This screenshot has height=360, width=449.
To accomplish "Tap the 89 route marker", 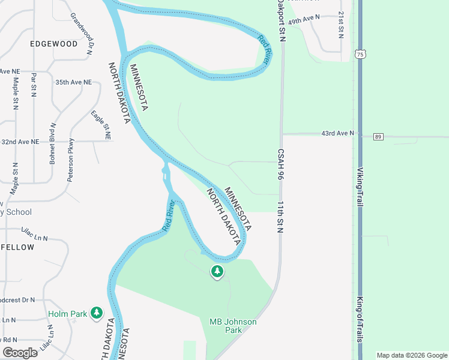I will click(x=378, y=137).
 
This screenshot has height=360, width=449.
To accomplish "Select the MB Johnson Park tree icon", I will click(x=217, y=272).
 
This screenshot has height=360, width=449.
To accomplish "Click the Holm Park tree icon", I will click(x=96, y=313).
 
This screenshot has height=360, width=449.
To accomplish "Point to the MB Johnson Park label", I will click(x=233, y=326).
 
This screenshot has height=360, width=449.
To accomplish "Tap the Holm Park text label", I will click(x=67, y=313).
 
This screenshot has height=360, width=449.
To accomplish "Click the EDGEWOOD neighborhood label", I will click(x=55, y=44).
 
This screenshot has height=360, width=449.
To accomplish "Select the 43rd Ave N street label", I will click(x=338, y=133).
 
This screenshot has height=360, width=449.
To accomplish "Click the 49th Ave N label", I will click(x=304, y=20).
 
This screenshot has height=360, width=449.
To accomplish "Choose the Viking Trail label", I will click(x=360, y=187).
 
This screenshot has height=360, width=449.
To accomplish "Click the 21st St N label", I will click(x=340, y=24).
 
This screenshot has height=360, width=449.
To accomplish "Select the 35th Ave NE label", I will click(x=73, y=82).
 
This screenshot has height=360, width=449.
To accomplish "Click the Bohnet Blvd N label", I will click(x=53, y=143).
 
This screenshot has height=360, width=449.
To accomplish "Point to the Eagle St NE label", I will click(x=101, y=125).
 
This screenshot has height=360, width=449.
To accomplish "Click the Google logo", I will click(x=20, y=353).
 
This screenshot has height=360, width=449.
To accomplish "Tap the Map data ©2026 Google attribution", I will click(x=412, y=355).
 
